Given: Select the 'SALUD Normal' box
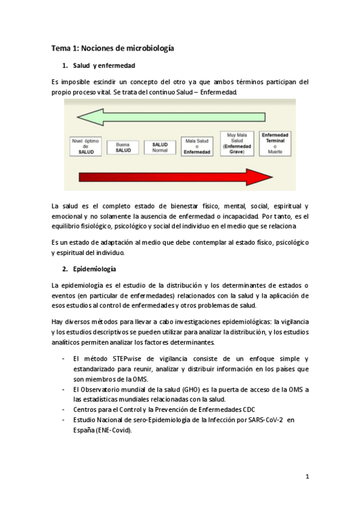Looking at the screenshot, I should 160,147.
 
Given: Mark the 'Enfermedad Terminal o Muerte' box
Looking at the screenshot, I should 275,143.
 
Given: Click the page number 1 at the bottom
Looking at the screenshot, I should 307,478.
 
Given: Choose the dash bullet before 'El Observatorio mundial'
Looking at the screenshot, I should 64,390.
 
